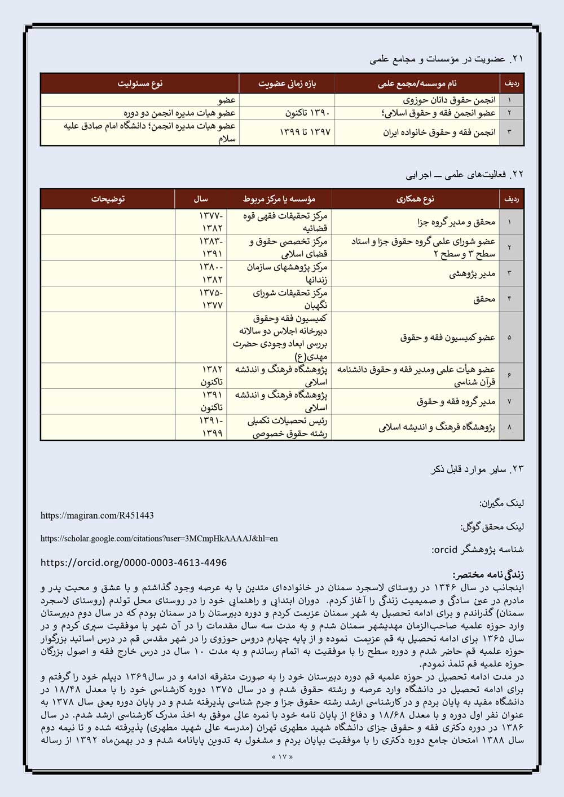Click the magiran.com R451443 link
tap(97, 515)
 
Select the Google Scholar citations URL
tap(159, 538)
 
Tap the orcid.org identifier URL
tap(134, 563)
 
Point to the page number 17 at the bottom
tap(282, 756)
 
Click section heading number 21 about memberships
tap(446, 59)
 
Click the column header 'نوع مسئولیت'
tap(140, 83)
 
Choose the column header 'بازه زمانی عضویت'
tap(287, 83)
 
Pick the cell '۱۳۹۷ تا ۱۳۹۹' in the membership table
tap(305, 132)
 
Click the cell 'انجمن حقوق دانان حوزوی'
tap(449, 100)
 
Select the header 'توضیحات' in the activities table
tap(108, 199)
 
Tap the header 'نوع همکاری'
tap(415, 199)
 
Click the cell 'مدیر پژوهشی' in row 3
tap(472, 273)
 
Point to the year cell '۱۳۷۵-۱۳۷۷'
tap(211, 299)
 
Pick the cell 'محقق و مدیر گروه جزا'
tap(456, 222)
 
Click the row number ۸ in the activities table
tap(509, 427)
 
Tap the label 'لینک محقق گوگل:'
tap(492, 526)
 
